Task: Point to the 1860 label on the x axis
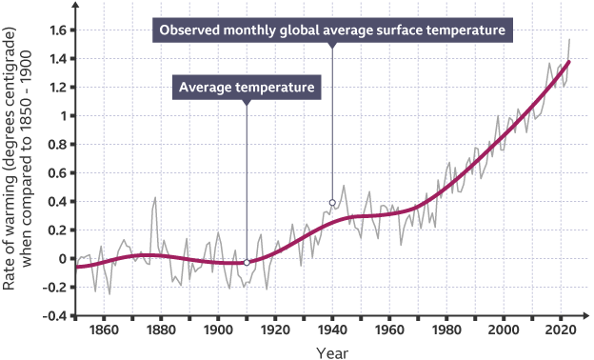pyautogui.click(x=104, y=330)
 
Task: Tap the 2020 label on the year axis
pyautogui.click(x=561, y=330)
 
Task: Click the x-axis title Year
pyautogui.click(x=332, y=352)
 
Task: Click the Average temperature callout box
pyautogui.click(x=247, y=88)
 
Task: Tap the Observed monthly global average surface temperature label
pyautogui.click(x=332, y=30)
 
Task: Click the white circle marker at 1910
pyautogui.click(x=247, y=263)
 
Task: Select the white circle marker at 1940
pyautogui.click(x=332, y=203)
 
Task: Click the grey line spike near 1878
pyautogui.click(x=155, y=197)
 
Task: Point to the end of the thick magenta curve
pyautogui.click(x=568, y=62)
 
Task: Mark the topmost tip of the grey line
pyautogui.click(x=569, y=39)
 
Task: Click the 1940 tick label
pyautogui.click(x=332, y=330)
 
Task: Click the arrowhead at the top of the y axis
pyautogui.click(x=76, y=5)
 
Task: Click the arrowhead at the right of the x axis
pyautogui.click(x=586, y=315)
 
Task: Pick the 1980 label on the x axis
pyautogui.click(x=446, y=330)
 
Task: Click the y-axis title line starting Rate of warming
pyautogui.click(x=9, y=159)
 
